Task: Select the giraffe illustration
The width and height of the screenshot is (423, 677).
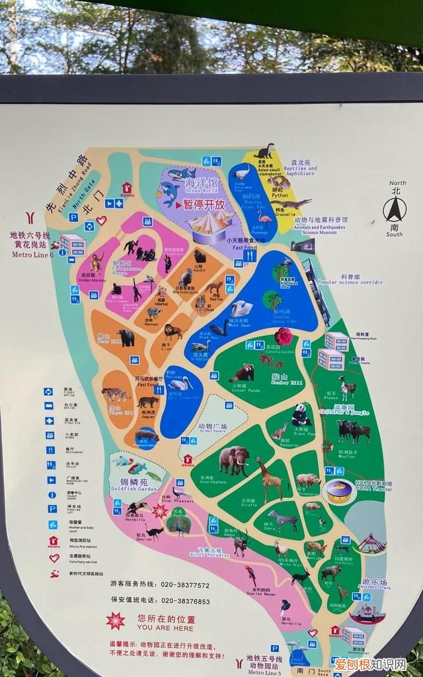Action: [x=269, y=479]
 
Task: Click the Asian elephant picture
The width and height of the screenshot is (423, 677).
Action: [x=234, y=459]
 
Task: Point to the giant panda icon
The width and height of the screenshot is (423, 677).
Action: [x=301, y=415]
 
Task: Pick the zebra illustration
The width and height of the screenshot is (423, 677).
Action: [x=284, y=520]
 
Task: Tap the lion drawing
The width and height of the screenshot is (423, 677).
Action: [x=174, y=331]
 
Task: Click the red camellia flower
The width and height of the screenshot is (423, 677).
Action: [x=284, y=336]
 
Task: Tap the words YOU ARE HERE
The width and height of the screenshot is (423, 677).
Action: [x=157, y=628]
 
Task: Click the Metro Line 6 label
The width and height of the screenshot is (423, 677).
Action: [x=32, y=255]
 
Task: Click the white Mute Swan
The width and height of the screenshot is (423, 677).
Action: [x=241, y=308]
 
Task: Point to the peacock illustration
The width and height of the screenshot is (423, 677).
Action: [x=178, y=526]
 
